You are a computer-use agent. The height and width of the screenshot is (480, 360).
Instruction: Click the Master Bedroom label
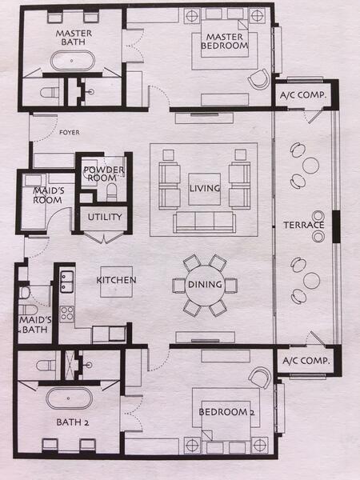(x=224, y=42)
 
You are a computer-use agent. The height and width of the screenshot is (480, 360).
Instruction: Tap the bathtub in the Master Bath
(x=72, y=61)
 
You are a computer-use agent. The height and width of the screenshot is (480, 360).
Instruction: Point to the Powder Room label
(x=101, y=174)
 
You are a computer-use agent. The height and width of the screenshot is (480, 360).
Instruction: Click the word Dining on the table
(x=205, y=284)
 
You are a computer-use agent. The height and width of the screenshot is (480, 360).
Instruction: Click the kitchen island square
(x=115, y=281)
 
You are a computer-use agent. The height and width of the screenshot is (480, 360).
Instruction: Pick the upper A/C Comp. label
(x=299, y=95)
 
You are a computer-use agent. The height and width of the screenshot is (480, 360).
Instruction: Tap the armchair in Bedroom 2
(x=259, y=378)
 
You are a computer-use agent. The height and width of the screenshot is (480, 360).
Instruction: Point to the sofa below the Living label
(x=203, y=222)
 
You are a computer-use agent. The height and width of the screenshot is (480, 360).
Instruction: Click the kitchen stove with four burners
(x=66, y=312)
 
